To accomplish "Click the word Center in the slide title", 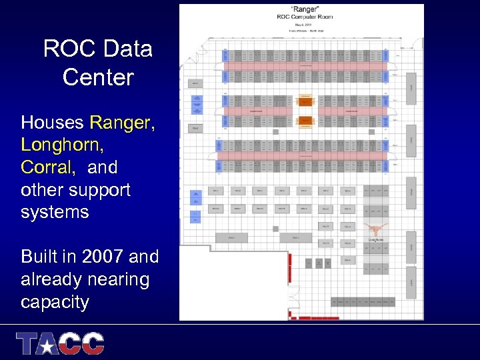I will click(x=98, y=77).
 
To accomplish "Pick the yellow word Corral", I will click(x=46, y=167).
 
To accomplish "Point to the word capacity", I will click(x=55, y=302).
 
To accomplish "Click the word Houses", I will click(x=53, y=123).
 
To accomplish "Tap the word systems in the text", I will click(x=55, y=212).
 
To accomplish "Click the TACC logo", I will click(x=61, y=343).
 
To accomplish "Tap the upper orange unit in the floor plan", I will click(x=306, y=101).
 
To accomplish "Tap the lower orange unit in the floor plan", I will click(x=306, y=121).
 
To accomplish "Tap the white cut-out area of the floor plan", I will click(x=233, y=283).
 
